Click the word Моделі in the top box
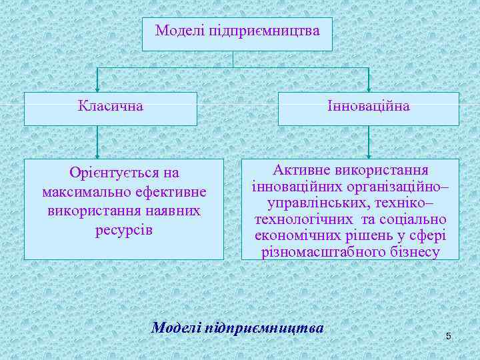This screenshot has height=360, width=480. [x=180, y=31]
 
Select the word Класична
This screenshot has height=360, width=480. [x=110, y=106]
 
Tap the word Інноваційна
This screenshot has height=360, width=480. [x=369, y=106]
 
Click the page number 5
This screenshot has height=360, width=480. [x=448, y=335]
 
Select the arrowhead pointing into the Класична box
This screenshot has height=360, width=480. [x=98, y=89]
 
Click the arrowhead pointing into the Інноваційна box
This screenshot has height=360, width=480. [x=369, y=89]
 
